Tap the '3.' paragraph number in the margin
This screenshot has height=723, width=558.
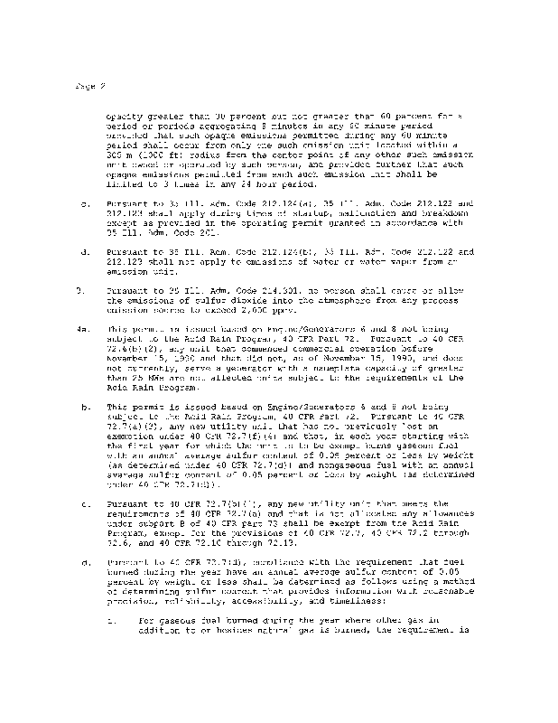(79, 290)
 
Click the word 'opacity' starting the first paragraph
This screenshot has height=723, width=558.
(126, 117)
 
